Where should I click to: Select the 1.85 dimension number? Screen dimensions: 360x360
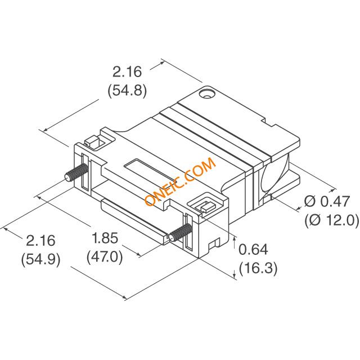pyautogui.click(x=105, y=238)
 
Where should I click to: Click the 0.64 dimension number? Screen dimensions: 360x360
pyautogui.click(x=253, y=249)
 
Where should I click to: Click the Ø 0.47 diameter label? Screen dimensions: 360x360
pyautogui.click(x=327, y=201)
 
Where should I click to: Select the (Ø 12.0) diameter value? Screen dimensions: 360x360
pyautogui.click(x=332, y=220)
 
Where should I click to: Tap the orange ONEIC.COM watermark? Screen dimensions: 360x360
pyautogui.click(x=180, y=181)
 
